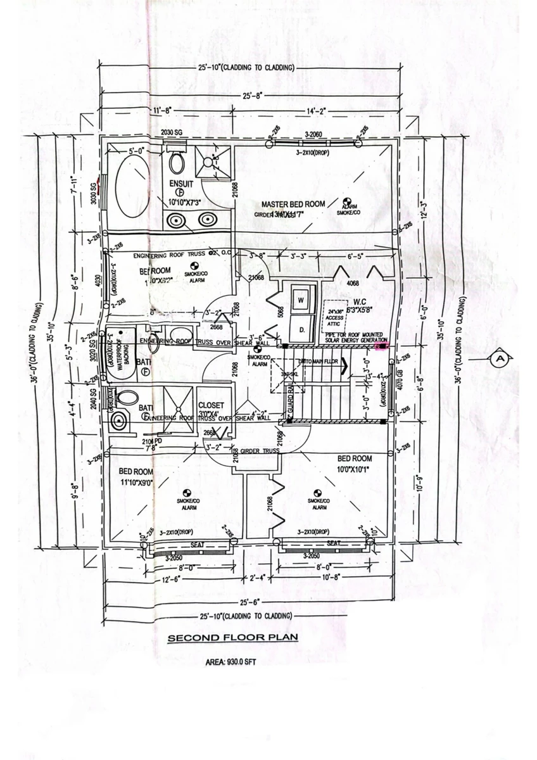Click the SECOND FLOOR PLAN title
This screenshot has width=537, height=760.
(232, 638)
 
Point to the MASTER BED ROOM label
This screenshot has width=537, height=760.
(293, 204)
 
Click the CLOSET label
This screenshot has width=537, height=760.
(211, 405)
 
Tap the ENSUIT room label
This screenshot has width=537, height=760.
(180, 183)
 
